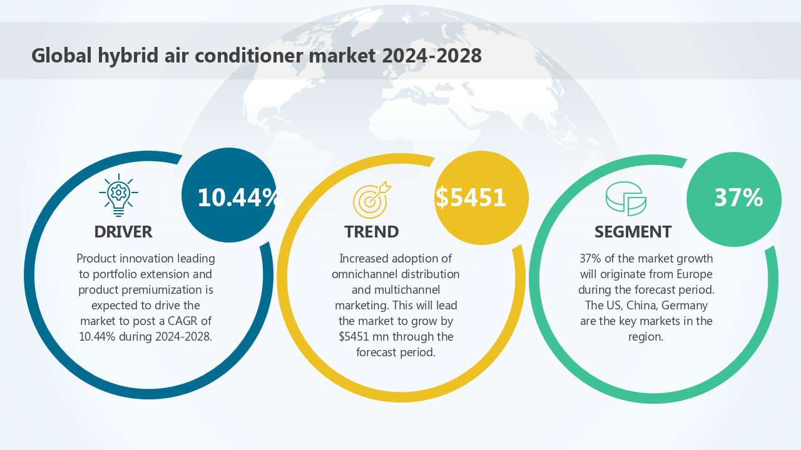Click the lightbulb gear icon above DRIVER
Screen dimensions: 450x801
[118, 194]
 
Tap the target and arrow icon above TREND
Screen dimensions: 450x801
[371, 199]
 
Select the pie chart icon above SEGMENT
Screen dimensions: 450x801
[625, 198]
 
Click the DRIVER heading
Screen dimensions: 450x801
[123, 232]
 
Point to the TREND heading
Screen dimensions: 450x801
[372, 232]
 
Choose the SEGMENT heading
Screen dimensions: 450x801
[633, 232]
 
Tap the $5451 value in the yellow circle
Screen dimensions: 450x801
[471, 197]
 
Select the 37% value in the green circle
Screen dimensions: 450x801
[738, 197]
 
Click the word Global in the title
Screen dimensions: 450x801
[61, 56]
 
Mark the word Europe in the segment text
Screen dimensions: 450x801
[691, 274]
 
